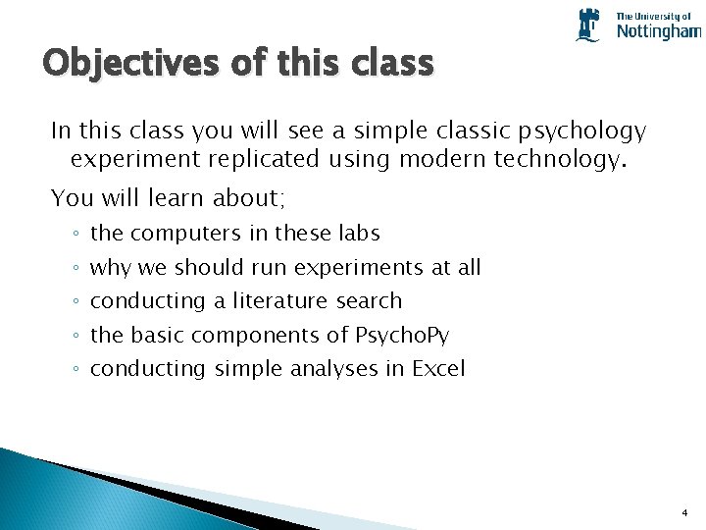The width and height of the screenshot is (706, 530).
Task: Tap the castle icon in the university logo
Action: [588, 25]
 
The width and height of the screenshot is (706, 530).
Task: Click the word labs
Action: [357, 234]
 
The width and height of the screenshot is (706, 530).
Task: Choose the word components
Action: [257, 335]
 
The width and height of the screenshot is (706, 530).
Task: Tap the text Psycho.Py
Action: [402, 335]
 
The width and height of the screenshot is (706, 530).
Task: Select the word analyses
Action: [333, 369]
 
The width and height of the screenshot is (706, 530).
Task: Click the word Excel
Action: [438, 369]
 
